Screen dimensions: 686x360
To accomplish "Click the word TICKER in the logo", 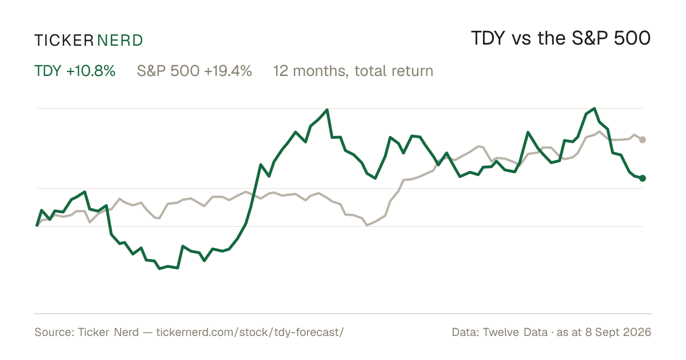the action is pos(63,41).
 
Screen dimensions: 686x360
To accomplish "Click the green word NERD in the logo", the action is pos(119,41).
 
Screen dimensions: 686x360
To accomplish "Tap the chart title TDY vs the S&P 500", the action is pos(561,38).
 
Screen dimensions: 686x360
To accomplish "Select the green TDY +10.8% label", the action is pos(75,71).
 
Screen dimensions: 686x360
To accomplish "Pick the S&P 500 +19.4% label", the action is pos(194,71).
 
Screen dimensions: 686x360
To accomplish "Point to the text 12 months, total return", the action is pos(353,71).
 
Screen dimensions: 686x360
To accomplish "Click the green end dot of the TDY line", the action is pos(643,178).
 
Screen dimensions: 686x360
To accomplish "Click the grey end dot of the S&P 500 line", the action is pos(643,139).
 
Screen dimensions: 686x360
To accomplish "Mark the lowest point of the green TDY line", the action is pos(159,269).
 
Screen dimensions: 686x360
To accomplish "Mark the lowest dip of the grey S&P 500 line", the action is pos(367,225).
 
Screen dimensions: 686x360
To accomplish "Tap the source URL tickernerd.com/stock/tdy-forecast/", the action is pos(250,332).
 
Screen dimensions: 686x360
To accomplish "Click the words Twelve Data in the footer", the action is pos(515,332).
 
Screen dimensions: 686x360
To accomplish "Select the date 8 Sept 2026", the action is pos(618,332).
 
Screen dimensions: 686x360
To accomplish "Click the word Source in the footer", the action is pos(54,332).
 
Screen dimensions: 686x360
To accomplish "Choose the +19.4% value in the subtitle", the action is pos(228,71).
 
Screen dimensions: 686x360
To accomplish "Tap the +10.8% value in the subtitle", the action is pos(91,71).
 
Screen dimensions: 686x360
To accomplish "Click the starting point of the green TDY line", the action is pos(37,226).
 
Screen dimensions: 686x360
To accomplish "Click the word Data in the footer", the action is pos(465,332).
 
